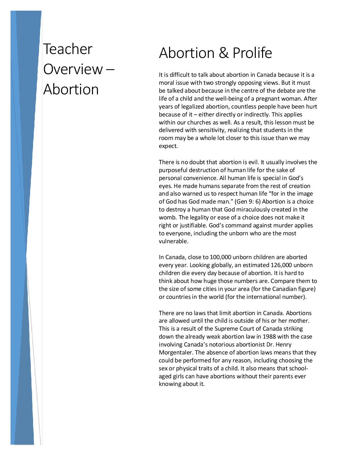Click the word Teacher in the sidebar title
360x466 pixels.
68,49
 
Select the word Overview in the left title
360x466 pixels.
73,69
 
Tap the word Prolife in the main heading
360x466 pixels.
252,53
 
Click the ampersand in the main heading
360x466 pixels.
224,53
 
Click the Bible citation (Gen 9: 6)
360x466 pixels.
247,202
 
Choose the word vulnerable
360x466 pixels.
173,241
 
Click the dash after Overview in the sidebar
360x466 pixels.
111,70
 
